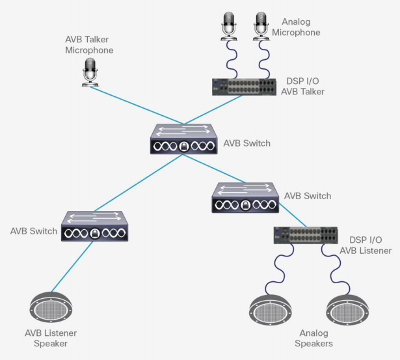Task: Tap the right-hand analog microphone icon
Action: click(260, 23)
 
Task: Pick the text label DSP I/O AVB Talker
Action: click(303, 86)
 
